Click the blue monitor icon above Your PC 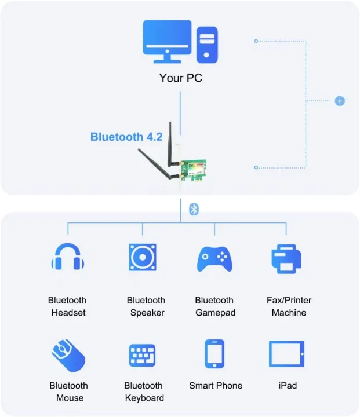[x=166, y=41]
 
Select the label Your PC [x=181, y=78]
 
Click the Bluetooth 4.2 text [x=126, y=137]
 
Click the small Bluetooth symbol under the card [x=195, y=209]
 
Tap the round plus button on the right [x=340, y=101]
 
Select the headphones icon [x=67, y=257]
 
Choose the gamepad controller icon [x=214, y=259]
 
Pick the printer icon [x=286, y=258]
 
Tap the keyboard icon [x=143, y=354]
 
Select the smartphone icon [x=214, y=353]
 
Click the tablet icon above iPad [x=286, y=353]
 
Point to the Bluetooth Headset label [x=67, y=306]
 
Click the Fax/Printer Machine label [x=289, y=306]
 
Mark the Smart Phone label [x=216, y=386]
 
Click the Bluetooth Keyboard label [x=144, y=392]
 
